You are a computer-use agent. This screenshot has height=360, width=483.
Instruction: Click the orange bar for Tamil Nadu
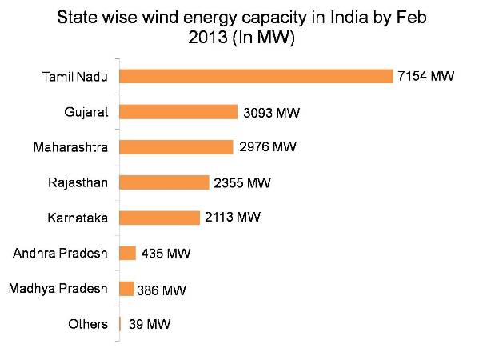click(256, 76)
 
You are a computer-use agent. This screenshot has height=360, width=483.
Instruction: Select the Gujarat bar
click(178, 112)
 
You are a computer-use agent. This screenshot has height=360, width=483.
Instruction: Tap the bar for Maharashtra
click(176, 147)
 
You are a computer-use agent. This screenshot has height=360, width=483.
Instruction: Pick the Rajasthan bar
click(164, 182)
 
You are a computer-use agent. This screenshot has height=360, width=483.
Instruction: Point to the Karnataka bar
click(159, 218)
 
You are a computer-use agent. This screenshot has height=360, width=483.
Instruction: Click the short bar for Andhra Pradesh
click(127, 254)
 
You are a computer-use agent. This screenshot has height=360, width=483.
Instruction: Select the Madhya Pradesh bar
click(126, 289)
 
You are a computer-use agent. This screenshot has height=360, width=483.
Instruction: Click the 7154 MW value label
click(425, 77)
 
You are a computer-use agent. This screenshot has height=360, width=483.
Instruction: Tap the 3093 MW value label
click(271, 113)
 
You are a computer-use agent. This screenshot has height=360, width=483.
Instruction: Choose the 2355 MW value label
click(242, 183)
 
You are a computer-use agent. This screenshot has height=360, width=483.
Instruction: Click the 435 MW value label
click(166, 254)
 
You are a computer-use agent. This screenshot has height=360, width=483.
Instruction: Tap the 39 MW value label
click(149, 325)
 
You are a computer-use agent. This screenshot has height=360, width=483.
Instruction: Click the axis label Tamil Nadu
click(74, 77)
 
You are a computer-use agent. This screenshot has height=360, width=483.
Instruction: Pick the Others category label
click(88, 324)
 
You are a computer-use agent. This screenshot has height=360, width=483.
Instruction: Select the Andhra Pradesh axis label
click(61, 254)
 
